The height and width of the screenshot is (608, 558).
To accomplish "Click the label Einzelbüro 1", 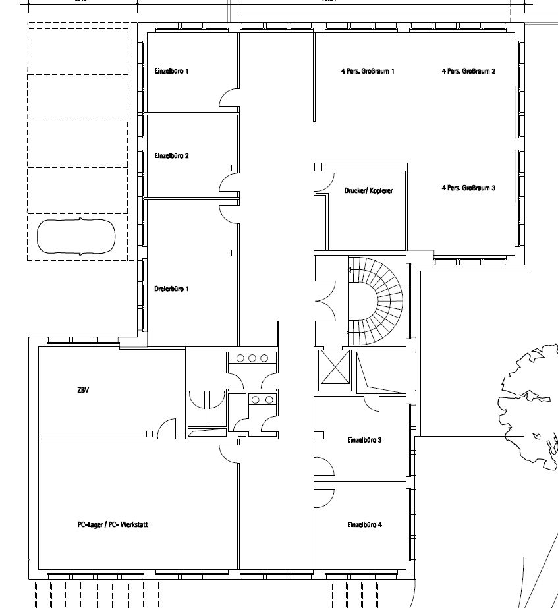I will pyautogui.click(x=171, y=70).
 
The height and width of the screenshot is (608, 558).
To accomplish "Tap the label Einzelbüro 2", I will pyautogui.click(x=171, y=156).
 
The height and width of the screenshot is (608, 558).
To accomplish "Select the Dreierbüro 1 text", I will pyautogui.click(x=171, y=289).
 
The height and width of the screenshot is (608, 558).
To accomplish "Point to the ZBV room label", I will pyautogui.click(x=83, y=390).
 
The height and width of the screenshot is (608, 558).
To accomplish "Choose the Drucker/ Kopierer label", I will pyautogui.click(x=368, y=190).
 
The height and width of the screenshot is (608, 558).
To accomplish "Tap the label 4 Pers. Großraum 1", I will pyautogui.click(x=368, y=70).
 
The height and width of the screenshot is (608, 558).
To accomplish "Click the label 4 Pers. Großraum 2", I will pyautogui.click(x=468, y=70).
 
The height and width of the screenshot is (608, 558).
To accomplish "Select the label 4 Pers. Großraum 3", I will pyautogui.click(x=468, y=188).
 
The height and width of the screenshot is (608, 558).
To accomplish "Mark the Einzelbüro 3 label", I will pyautogui.click(x=364, y=439).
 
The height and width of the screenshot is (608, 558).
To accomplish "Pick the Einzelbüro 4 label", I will pyautogui.click(x=364, y=525).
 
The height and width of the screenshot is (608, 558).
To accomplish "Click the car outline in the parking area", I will pyautogui.click(x=76, y=237).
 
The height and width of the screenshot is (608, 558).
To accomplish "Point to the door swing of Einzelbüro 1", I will pyautogui.click(x=229, y=99).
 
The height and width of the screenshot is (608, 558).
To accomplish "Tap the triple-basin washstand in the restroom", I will pyautogui.click(x=252, y=358).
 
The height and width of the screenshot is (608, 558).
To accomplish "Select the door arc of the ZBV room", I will pyautogui.click(x=167, y=428).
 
